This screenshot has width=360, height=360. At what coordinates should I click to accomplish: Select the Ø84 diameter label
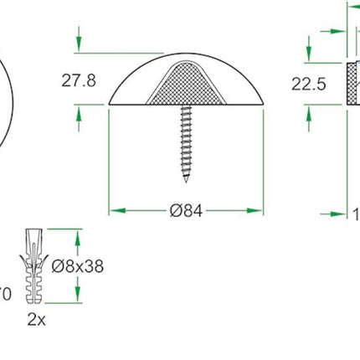[186, 211]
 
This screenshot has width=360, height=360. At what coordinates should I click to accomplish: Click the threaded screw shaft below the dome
[185, 142]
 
